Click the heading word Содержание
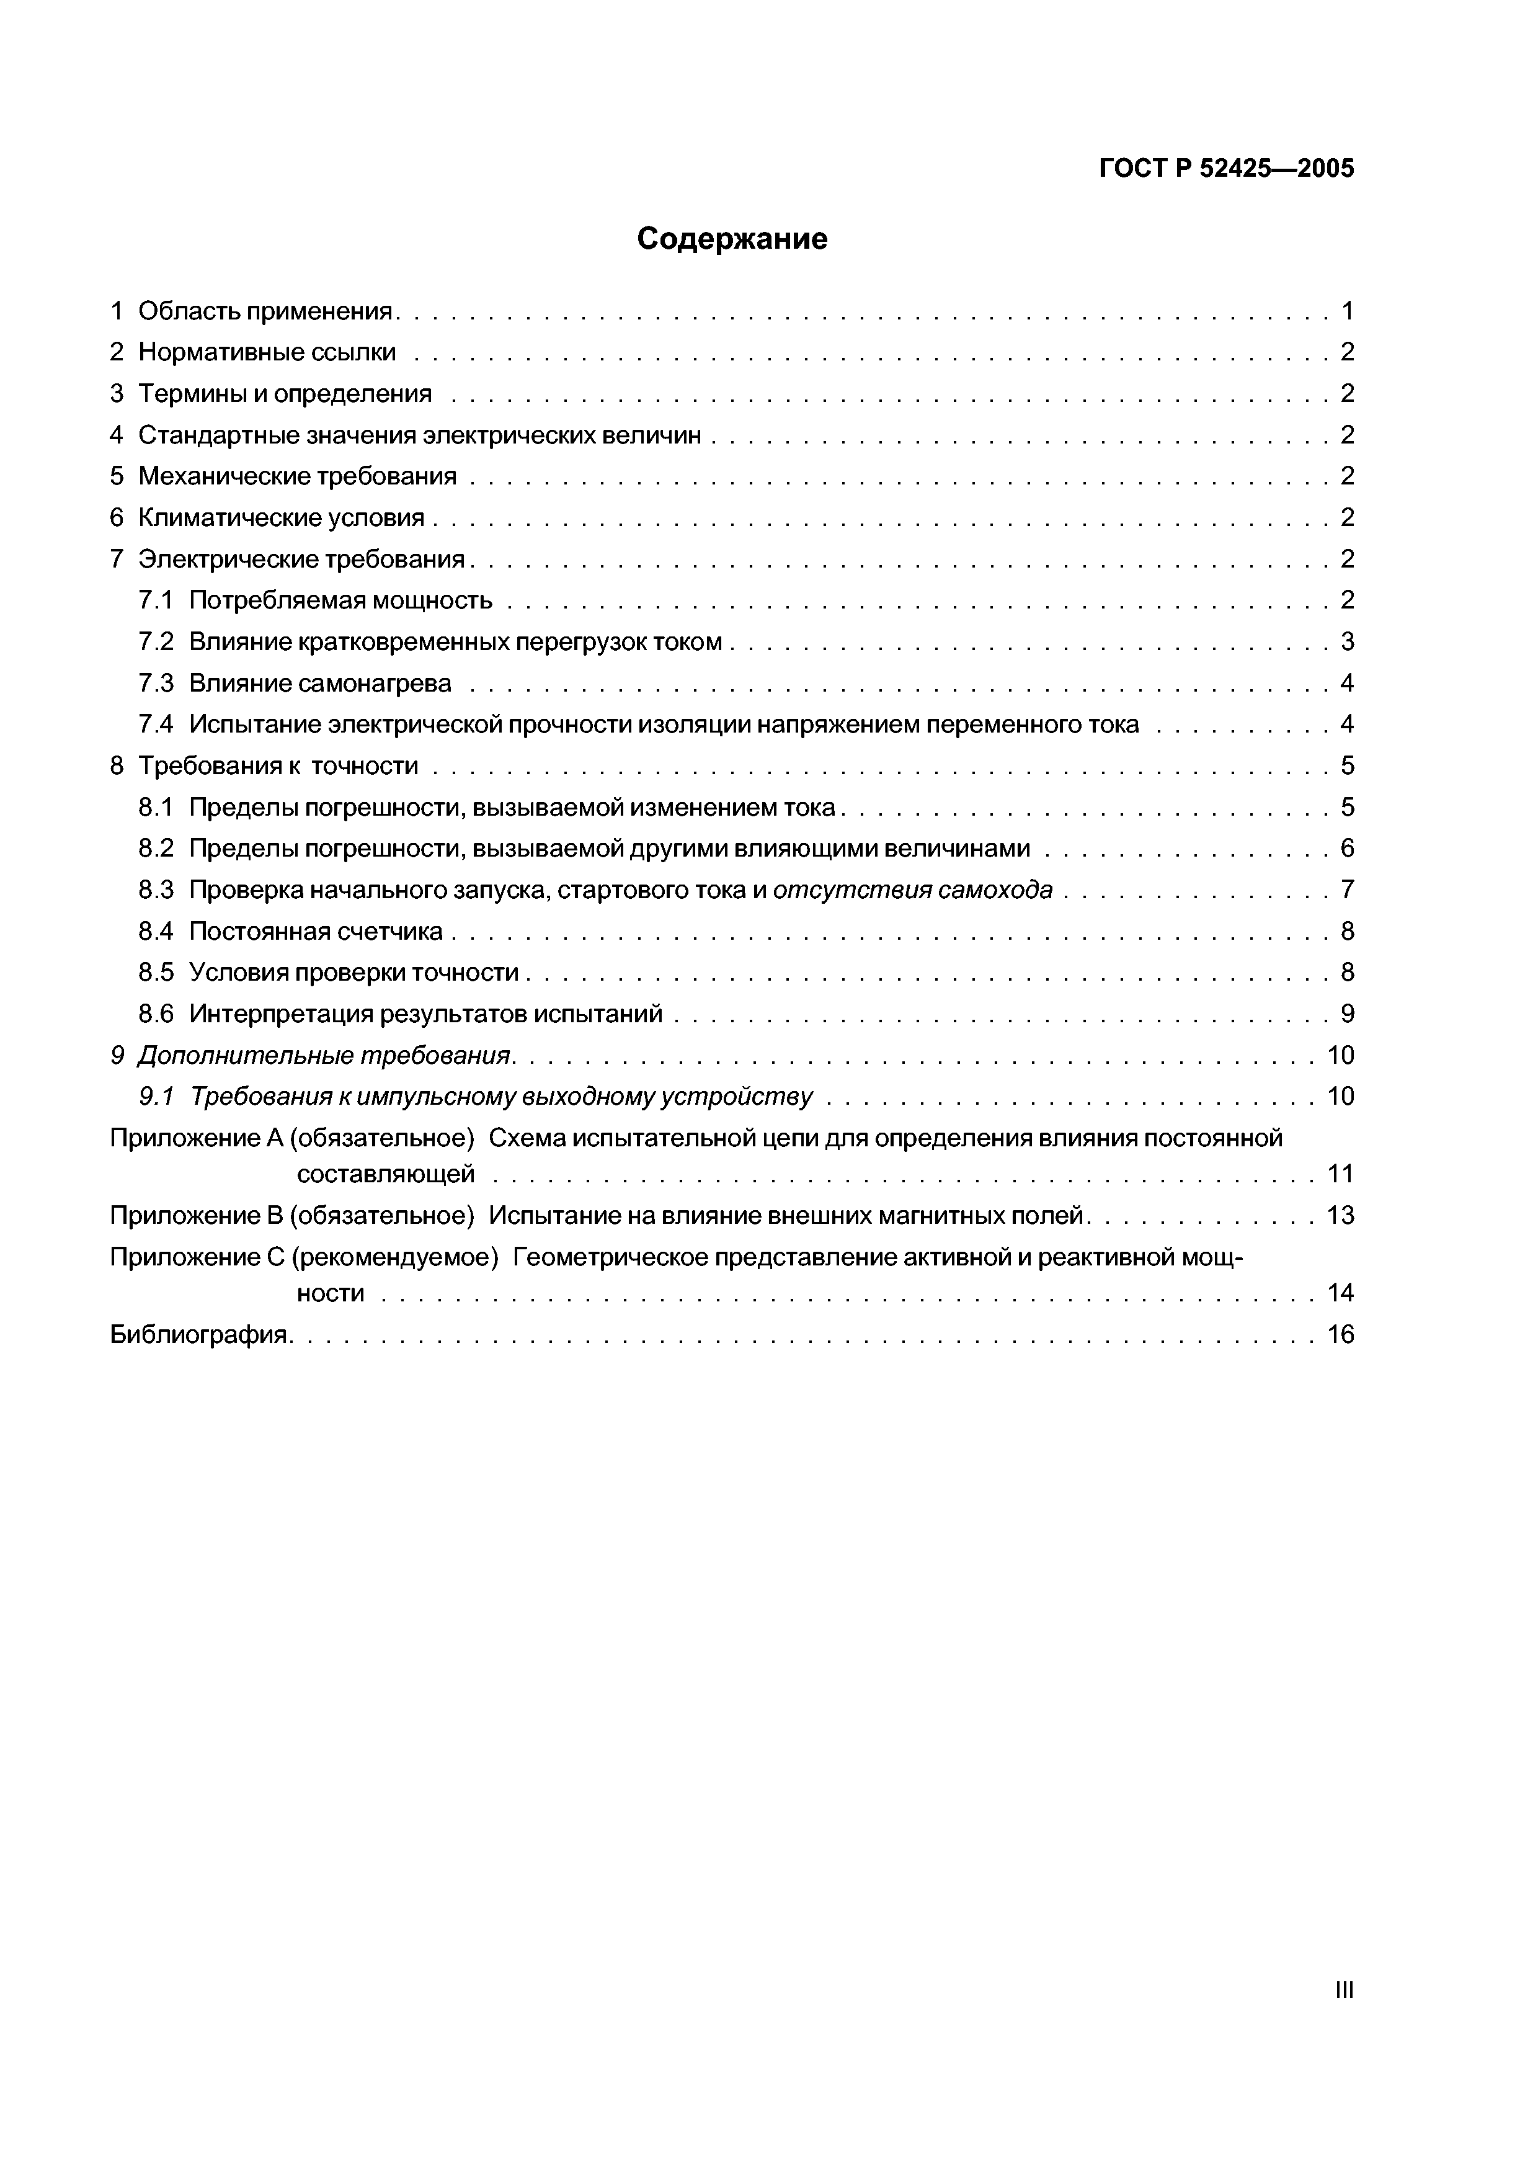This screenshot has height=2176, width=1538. point(732,239)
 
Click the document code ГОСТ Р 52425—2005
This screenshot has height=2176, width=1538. point(1226,169)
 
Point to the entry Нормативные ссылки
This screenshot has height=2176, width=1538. point(266,352)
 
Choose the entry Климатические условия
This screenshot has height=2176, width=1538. point(280,517)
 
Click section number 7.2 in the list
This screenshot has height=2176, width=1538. point(156,641)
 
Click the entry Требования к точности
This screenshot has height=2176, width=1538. point(278,766)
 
